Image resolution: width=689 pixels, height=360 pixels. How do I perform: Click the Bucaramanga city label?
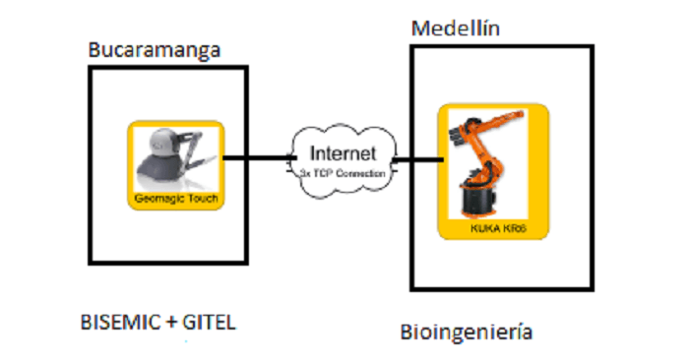pos(153,49)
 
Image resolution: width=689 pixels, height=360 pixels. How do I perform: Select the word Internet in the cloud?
pos(343,153)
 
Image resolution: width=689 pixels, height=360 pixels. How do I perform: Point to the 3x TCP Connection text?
pos(343,172)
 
